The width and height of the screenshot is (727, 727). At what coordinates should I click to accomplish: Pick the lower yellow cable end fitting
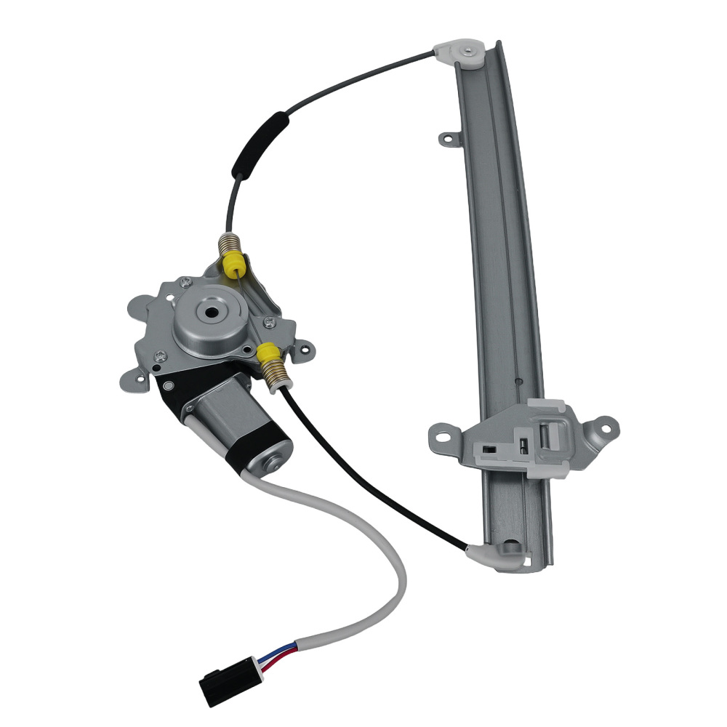tap(269, 355)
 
